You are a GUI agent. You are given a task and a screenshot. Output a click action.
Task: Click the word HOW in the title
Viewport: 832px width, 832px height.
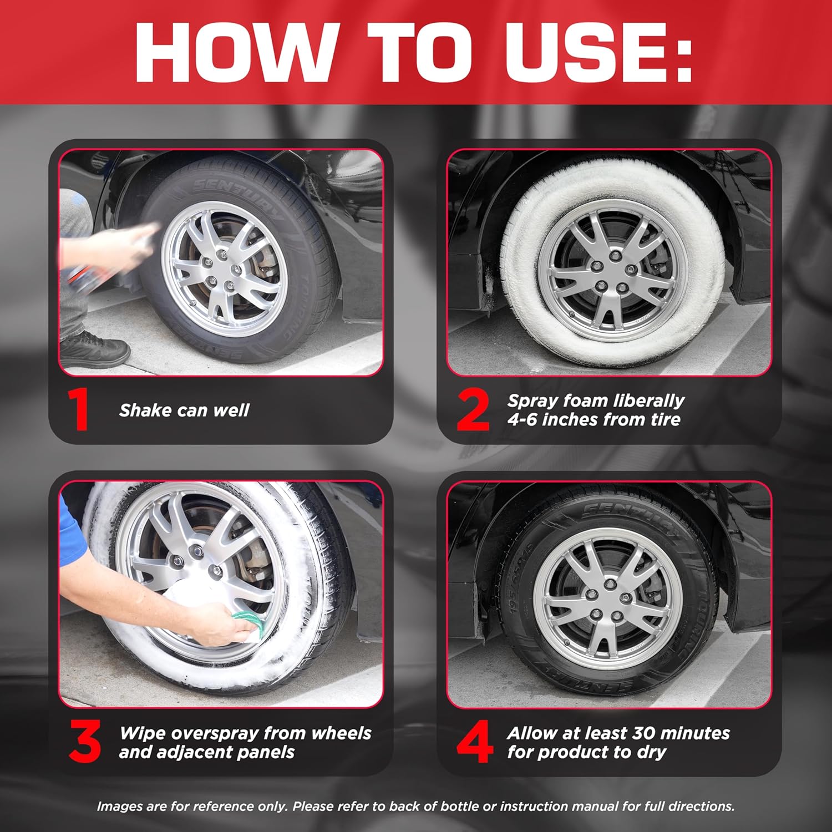click(x=234, y=53)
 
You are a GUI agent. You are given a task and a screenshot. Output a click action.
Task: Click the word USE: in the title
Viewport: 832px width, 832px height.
click(x=600, y=53)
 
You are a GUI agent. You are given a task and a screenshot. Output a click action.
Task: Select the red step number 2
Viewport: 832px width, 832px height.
click(x=473, y=410)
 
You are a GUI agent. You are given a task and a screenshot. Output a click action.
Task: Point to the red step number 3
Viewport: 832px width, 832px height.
click(x=85, y=741)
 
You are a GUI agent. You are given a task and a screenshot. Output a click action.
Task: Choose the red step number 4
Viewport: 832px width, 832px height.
click(x=474, y=741)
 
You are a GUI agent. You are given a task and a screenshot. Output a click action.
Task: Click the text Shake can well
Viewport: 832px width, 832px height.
click(x=184, y=410)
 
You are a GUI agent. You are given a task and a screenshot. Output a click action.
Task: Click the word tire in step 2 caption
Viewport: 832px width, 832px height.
click(x=666, y=419)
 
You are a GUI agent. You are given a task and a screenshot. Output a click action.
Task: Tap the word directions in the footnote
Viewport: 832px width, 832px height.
click(x=704, y=806)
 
